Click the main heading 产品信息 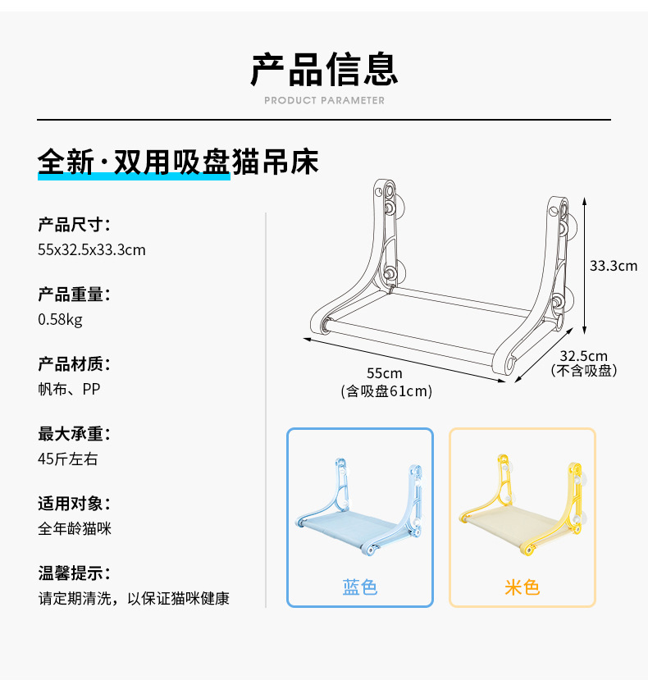(x=324, y=69)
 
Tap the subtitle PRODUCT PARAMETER (x=324, y=101)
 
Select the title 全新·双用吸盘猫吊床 (x=178, y=162)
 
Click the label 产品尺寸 (x=74, y=225)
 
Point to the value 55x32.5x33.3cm (x=91, y=249)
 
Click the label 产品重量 (x=74, y=295)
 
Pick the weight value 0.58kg (x=60, y=319)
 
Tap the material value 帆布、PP (x=69, y=389)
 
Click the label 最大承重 (x=74, y=434)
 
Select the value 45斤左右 (x=67, y=459)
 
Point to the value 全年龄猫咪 (x=74, y=528)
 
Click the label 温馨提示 (x=74, y=573)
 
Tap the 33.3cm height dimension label (x=614, y=266)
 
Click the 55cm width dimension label (x=385, y=374)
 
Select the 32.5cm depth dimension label (x=584, y=356)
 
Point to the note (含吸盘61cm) (x=386, y=391)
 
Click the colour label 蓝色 (x=359, y=587)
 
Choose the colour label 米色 (x=522, y=587)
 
